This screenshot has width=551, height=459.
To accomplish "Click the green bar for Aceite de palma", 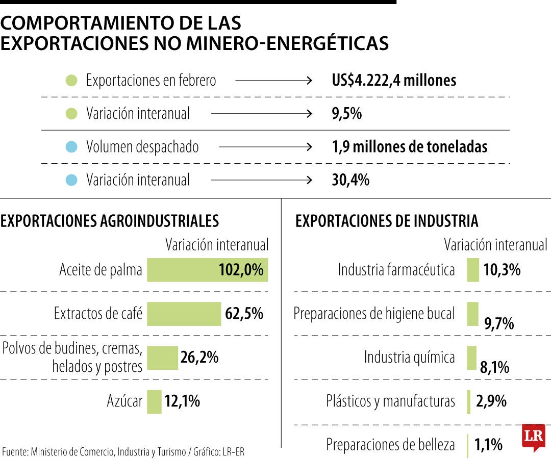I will tap(207, 270).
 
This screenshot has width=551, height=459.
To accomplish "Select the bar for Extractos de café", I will tap(184, 314).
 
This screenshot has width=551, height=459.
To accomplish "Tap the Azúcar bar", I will tap(154, 401).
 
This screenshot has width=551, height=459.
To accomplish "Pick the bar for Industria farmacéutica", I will tap(473, 270).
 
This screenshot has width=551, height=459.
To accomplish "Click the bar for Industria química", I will tap(471, 358).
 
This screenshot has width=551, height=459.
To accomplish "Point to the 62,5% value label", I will tap(244, 314).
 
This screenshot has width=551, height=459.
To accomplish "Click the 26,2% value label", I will tap(199, 358).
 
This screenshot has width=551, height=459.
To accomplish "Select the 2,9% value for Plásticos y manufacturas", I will tap(491, 401).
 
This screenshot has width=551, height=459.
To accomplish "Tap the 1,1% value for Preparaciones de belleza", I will tap(488, 445).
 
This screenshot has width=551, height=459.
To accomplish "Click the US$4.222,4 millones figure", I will tap(393, 81).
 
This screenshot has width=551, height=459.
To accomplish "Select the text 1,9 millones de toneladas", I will tap(409, 147).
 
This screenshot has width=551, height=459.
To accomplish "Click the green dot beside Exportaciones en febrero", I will tap(72, 81).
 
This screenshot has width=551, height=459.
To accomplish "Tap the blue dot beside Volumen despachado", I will tap(72, 147).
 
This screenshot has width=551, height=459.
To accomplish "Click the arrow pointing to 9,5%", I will tap(261, 114).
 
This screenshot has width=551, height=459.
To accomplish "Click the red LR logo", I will tap(533, 437).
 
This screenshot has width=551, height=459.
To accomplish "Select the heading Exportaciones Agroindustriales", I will tap(110, 221).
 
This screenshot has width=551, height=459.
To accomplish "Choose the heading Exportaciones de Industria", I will tap(387, 221).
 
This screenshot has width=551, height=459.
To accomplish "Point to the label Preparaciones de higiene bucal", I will tap(374, 314).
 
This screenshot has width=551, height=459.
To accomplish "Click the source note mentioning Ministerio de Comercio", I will tap(127, 451).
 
